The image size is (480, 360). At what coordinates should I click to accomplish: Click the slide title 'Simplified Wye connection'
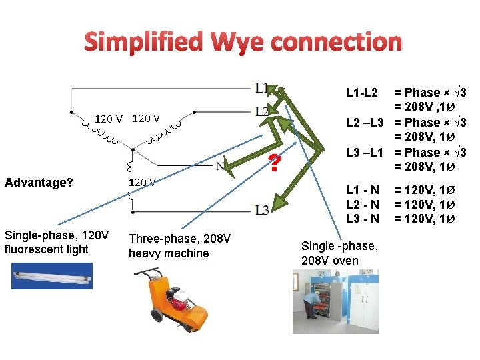point(243,42)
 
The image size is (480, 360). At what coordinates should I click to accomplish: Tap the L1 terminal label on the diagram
point(261,88)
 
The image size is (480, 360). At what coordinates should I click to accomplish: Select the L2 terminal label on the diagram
point(262,111)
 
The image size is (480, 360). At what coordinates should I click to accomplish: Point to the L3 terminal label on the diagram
point(262,210)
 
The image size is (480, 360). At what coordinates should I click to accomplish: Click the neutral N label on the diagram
point(219,166)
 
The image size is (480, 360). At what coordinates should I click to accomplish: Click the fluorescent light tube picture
point(51,275)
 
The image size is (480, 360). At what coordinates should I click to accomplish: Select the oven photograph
point(340,301)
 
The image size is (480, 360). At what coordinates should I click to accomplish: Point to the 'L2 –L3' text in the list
point(364,123)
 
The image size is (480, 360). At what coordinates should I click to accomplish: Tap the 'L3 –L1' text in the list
point(364,153)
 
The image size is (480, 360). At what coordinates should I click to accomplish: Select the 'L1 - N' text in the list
point(362,190)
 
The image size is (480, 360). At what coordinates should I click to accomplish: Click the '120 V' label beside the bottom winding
point(142,182)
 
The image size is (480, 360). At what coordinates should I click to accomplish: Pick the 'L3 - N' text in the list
point(362,218)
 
